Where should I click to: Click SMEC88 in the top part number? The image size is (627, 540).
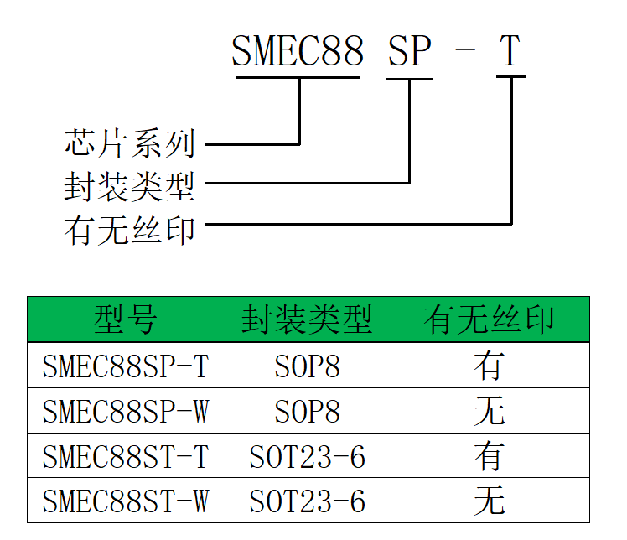click(298, 52)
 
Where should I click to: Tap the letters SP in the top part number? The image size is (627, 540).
click(409, 52)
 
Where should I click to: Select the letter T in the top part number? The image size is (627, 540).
click(510, 52)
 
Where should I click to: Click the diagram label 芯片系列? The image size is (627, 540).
click(129, 144)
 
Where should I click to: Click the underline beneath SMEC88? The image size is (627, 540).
click(298, 78)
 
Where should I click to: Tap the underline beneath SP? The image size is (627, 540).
click(409, 79)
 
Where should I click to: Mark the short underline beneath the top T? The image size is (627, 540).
click(510, 78)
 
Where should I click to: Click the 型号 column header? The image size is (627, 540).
click(126, 319)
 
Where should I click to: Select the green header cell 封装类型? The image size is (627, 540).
click(307, 319)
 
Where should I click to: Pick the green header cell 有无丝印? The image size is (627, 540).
click(490, 319)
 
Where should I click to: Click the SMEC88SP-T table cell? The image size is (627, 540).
click(126, 366)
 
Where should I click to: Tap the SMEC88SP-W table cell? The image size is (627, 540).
click(126, 412)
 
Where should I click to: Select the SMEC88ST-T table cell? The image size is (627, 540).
click(126, 457)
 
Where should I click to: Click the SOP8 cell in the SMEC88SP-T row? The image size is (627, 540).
click(307, 366)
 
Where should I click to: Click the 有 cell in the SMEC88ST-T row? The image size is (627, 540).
click(490, 457)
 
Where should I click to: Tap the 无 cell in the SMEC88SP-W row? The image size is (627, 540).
click(490, 412)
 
